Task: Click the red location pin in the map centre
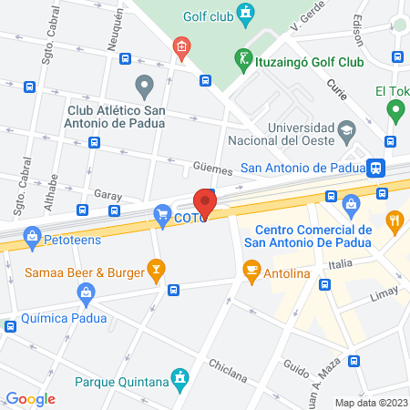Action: (205, 203)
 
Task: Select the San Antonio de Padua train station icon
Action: (374, 168)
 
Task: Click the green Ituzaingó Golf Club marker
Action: (243, 60)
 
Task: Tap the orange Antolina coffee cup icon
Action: (251, 269)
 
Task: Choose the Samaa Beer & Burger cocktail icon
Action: (158, 269)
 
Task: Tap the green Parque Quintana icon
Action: (181, 376)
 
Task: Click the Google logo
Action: (30, 398)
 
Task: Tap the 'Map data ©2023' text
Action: (370, 403)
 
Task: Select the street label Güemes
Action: (213, 169)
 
